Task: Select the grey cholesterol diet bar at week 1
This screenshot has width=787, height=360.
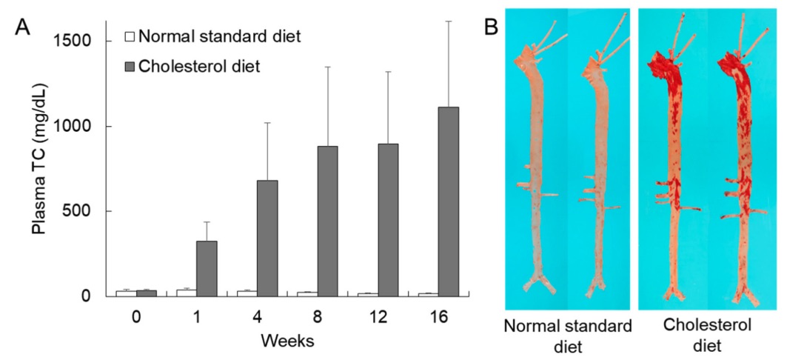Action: point(207,268)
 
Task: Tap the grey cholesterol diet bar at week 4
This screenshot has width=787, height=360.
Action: point(267,238)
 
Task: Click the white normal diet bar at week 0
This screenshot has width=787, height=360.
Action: point(125,293)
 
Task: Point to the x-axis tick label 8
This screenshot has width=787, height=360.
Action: point(318,317)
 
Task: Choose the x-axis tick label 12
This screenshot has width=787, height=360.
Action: point(378,317)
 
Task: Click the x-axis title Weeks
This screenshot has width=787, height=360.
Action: point(288,341)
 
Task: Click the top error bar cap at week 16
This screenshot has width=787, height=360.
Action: point(448,21)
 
